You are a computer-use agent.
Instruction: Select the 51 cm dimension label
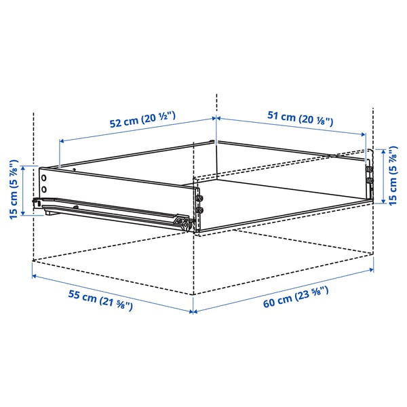pos(298,117)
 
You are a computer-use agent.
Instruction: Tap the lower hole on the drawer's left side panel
pos(44,188)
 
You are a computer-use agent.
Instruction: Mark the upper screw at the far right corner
pos(370,169)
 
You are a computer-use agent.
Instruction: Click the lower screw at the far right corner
pos(370,182)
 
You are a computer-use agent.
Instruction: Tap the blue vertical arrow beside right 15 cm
pos(381,176)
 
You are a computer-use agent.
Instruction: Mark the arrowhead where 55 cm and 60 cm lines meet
pos(193,312)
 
